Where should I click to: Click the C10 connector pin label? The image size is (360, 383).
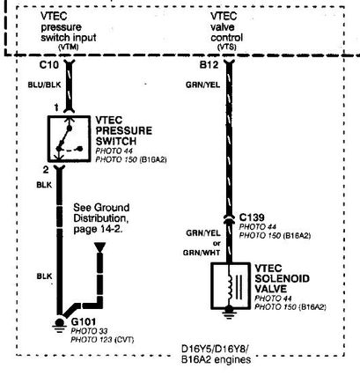49,64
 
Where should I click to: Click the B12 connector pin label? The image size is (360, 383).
209,64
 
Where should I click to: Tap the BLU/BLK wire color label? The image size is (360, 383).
44,85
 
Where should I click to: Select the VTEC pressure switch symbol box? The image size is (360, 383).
70,138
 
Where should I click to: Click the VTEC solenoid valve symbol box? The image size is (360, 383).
231,285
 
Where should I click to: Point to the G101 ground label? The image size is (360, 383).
84,321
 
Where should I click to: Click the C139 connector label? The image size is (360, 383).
252,217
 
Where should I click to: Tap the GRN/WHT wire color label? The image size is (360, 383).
202,253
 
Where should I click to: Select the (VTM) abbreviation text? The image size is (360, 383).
69,47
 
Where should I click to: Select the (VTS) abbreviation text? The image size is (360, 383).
227,47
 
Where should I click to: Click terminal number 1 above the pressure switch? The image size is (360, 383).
56,108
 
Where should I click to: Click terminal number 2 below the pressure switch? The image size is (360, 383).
46,170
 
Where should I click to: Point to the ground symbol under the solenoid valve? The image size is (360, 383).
229,312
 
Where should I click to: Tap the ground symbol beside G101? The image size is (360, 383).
60,325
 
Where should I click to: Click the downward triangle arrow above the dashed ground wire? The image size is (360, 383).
99,247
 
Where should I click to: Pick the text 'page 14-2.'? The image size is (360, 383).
98,229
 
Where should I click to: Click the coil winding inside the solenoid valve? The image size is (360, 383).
230,287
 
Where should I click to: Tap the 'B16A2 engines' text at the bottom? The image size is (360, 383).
217,359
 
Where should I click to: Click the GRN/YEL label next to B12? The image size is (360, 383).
202,85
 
